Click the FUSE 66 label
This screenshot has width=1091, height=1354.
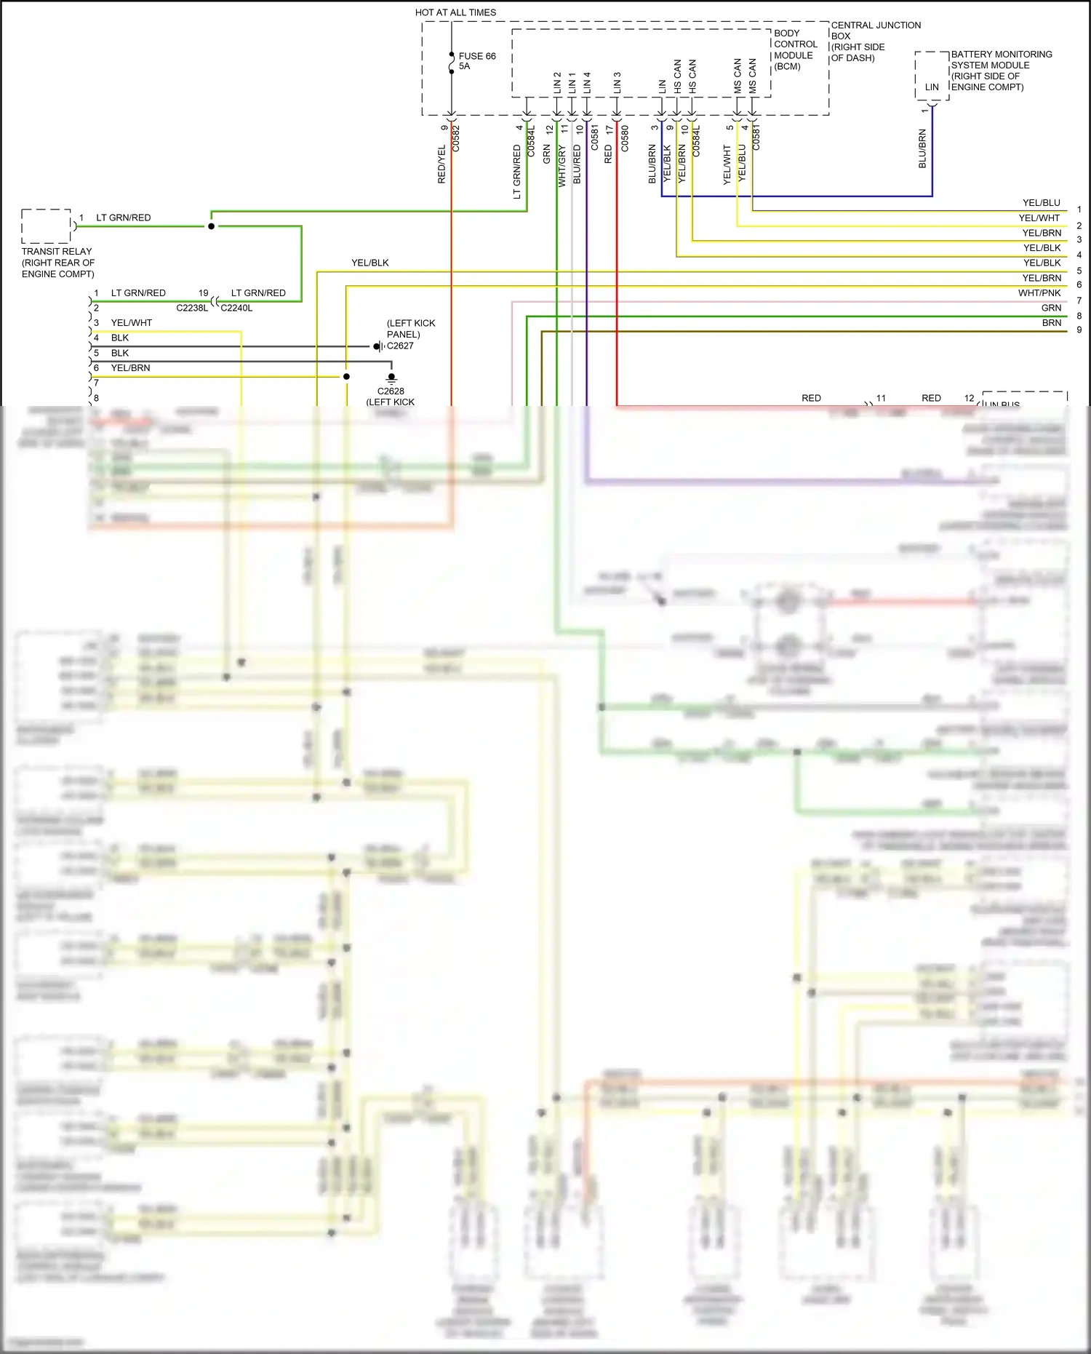pyautogui.click(x=476, y=56)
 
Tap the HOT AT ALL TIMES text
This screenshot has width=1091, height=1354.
pyautogui.click(x=455, y=12)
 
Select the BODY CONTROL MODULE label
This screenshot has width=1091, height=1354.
pyautogui.click(x=795, y=49)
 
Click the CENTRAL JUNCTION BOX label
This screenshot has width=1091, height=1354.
pyautogui.click(x=875, y=41)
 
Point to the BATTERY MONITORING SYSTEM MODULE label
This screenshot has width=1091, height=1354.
pyautogui.click(x=1001, y=70)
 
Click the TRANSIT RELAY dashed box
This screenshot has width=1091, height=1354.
pyautogui.click(x=46, y=226)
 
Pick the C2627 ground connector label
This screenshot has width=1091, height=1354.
pyautogui.click(x=400, y=346)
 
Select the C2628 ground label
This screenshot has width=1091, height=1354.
pyautogui.click(x=391, y=391)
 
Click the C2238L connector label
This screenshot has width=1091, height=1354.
pyautogui.click(x=192, y=308)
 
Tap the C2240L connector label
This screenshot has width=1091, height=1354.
pyautogui.click(x=237, y=308)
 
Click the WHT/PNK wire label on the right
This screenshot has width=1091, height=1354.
pyautogui.click(x=1039, y=293)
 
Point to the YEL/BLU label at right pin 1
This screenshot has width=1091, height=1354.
pyautogui.click(x=1041, y=203)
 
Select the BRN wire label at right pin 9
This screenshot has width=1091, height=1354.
pyautogui.click(x=1051, y=323)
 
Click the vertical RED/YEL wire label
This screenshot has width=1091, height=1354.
pyautogui.click(x=441, y=164)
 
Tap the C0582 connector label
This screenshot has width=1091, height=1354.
pyautogui.click(x=456, y=138)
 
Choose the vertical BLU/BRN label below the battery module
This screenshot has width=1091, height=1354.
pyautogui.click(x=922, y=149)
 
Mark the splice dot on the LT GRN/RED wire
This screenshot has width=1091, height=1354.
pyautogui.click(x=212, y=226)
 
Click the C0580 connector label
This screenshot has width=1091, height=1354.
pyautogui.click(x=625, y=138)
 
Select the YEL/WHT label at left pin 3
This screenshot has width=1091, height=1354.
pyautogui.click(x=132, y=323)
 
